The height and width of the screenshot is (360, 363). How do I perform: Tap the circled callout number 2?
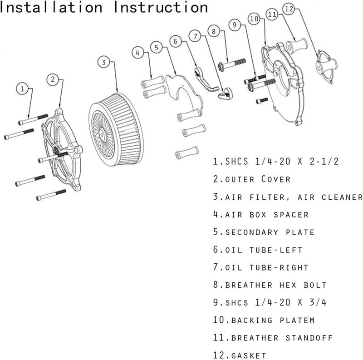tap(53, 79)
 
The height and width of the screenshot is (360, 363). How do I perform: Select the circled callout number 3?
tap(104, 63)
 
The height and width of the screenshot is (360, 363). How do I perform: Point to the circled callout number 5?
tap(157, 47)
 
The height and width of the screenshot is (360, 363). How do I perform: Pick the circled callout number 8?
tap(214, 31)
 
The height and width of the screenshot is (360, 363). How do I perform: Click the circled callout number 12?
tap(289, 9)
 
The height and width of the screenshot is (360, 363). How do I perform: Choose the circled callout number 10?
tap(254, 19)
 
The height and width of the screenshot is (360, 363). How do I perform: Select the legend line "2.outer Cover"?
tap(251, 179)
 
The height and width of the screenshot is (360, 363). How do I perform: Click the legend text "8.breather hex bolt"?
tap(270, 285)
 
